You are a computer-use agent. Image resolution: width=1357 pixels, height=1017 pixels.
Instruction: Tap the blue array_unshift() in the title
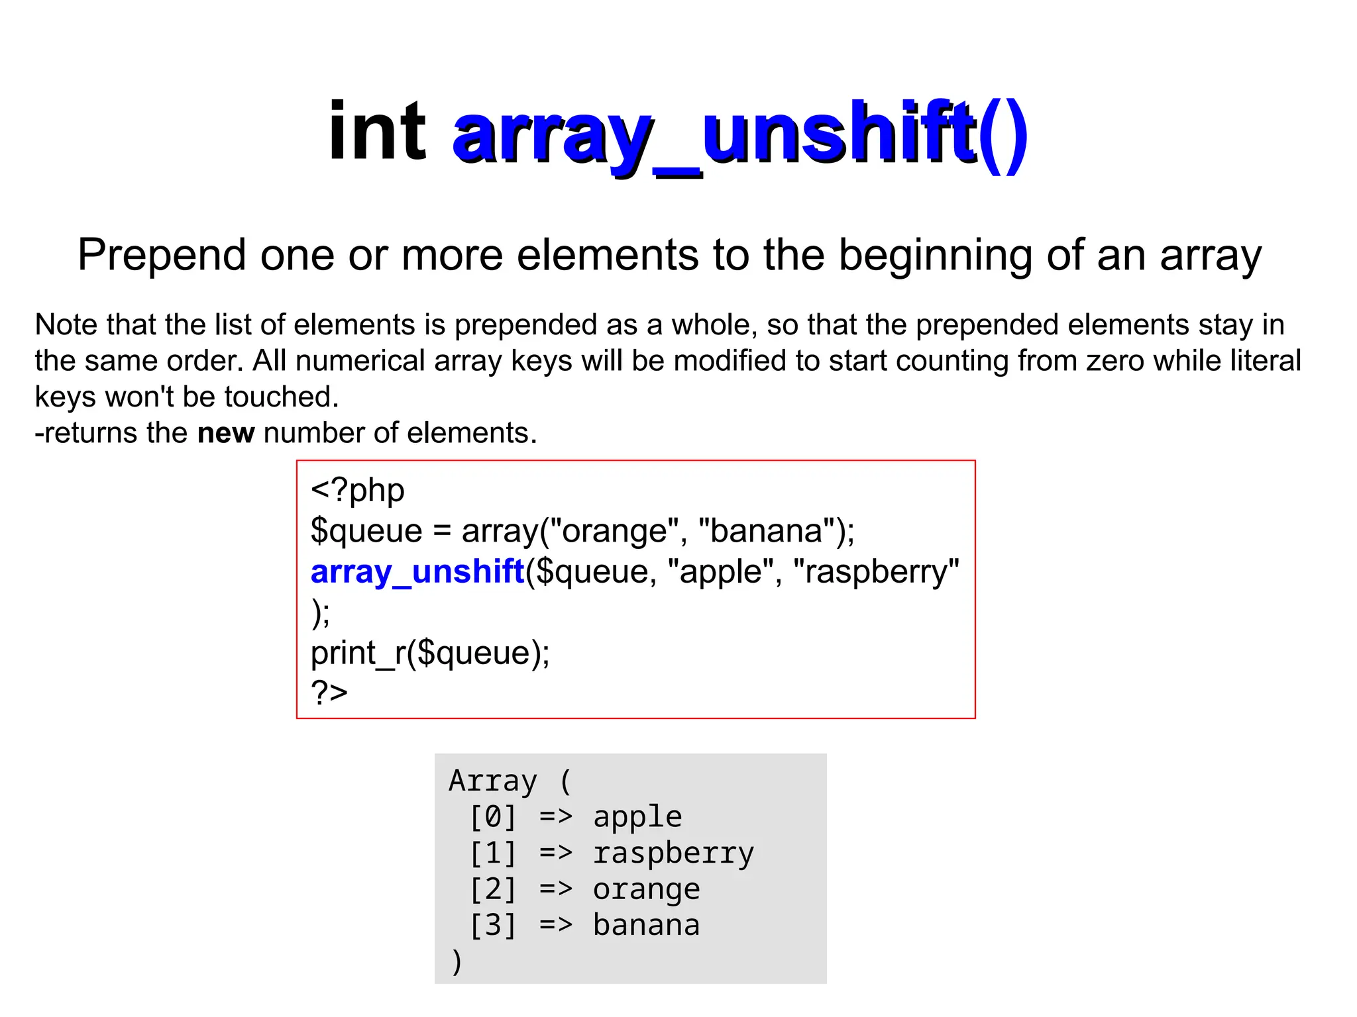tap(739, 136)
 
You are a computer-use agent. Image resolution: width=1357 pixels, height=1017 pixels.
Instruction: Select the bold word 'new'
tap(226, 433)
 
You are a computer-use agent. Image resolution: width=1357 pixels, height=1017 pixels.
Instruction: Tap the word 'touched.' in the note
tap(282, 397)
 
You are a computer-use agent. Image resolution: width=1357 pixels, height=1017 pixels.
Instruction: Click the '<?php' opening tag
tap(357, 491)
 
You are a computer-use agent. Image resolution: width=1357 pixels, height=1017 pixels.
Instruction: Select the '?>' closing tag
tap(329, 693)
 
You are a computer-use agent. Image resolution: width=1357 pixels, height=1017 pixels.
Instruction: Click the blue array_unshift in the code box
tap(417, 571)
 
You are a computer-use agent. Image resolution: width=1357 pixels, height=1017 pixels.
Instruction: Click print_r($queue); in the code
tap(430, 653)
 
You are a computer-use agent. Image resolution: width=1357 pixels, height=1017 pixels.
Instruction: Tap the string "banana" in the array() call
tap(767, 531)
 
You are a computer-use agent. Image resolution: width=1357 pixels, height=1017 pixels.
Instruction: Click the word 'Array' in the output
tap(492, 781)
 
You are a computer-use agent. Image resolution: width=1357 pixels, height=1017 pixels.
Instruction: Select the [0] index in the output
tap(492, 817)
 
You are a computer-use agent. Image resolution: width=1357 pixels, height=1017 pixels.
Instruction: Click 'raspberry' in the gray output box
tap(673, 853)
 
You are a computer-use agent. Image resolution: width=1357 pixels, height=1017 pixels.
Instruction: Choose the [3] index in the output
tap(492, 926)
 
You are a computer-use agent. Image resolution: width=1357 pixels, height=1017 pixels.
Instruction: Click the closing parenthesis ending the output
tap(456, 961)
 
